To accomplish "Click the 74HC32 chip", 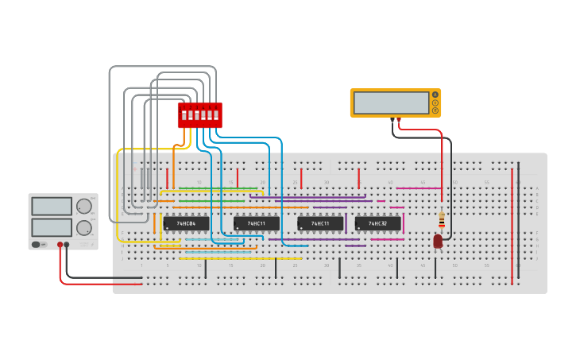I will click(377, 223).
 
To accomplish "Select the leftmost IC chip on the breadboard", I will click(186, 223).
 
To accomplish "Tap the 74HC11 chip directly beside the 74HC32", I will click(320, 223).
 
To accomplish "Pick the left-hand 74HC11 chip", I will click(256, 223).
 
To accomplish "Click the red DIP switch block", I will click(199, 114).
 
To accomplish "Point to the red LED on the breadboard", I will click(438, 240).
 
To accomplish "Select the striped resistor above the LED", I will click(442, 219).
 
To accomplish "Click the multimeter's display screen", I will click(391, 103).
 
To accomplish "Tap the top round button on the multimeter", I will click(435, 95).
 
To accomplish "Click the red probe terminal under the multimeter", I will click(400, 121).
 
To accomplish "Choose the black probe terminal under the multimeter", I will click(392, 121).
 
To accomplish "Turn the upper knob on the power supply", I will click(83, 207).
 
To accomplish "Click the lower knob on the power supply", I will click(83, 228).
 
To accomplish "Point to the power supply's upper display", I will click(52, 207).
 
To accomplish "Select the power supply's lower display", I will click(52, 227).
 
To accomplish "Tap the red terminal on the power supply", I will click(60, 245).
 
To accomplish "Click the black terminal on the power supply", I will click(67, 245).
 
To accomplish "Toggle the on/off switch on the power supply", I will click(37, 244).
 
